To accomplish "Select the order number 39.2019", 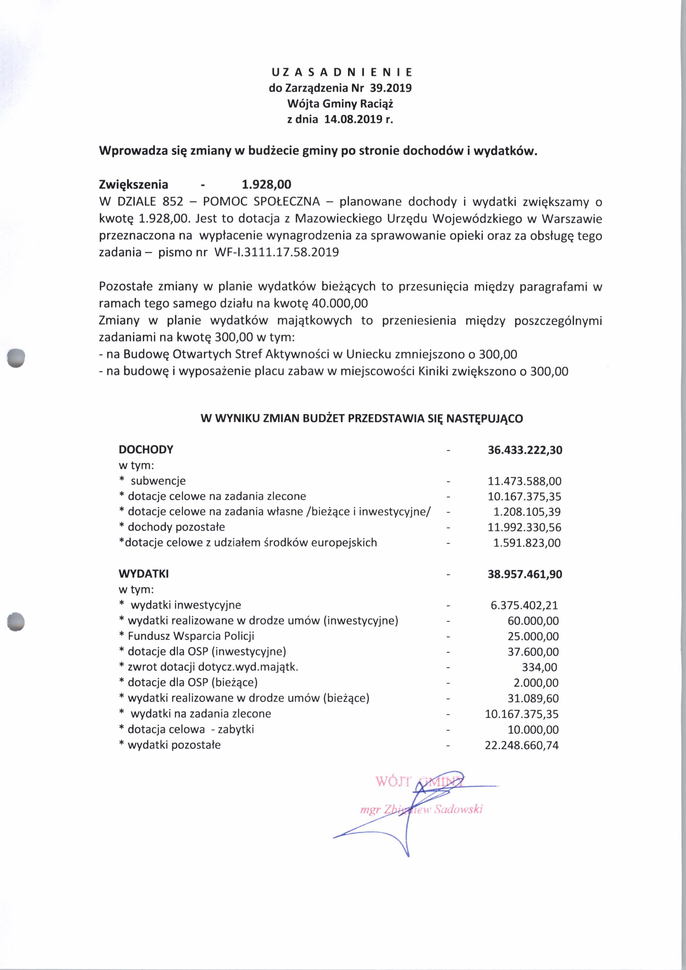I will (x=391, y=88).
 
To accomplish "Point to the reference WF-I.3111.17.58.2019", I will (x=277, y=253).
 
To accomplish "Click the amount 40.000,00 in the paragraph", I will (x=340, y=303).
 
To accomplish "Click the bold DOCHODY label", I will (x=146, y=449).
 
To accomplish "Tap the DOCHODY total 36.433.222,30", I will (x=525, y=450).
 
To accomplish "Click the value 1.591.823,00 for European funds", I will (x=527, y=543).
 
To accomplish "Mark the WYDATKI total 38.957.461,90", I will (x=525, y=574).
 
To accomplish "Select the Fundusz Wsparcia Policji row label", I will (x=191, y=636).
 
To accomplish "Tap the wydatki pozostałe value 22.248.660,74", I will (x=522, y=745).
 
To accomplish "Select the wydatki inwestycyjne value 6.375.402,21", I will (x=524, y=605).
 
